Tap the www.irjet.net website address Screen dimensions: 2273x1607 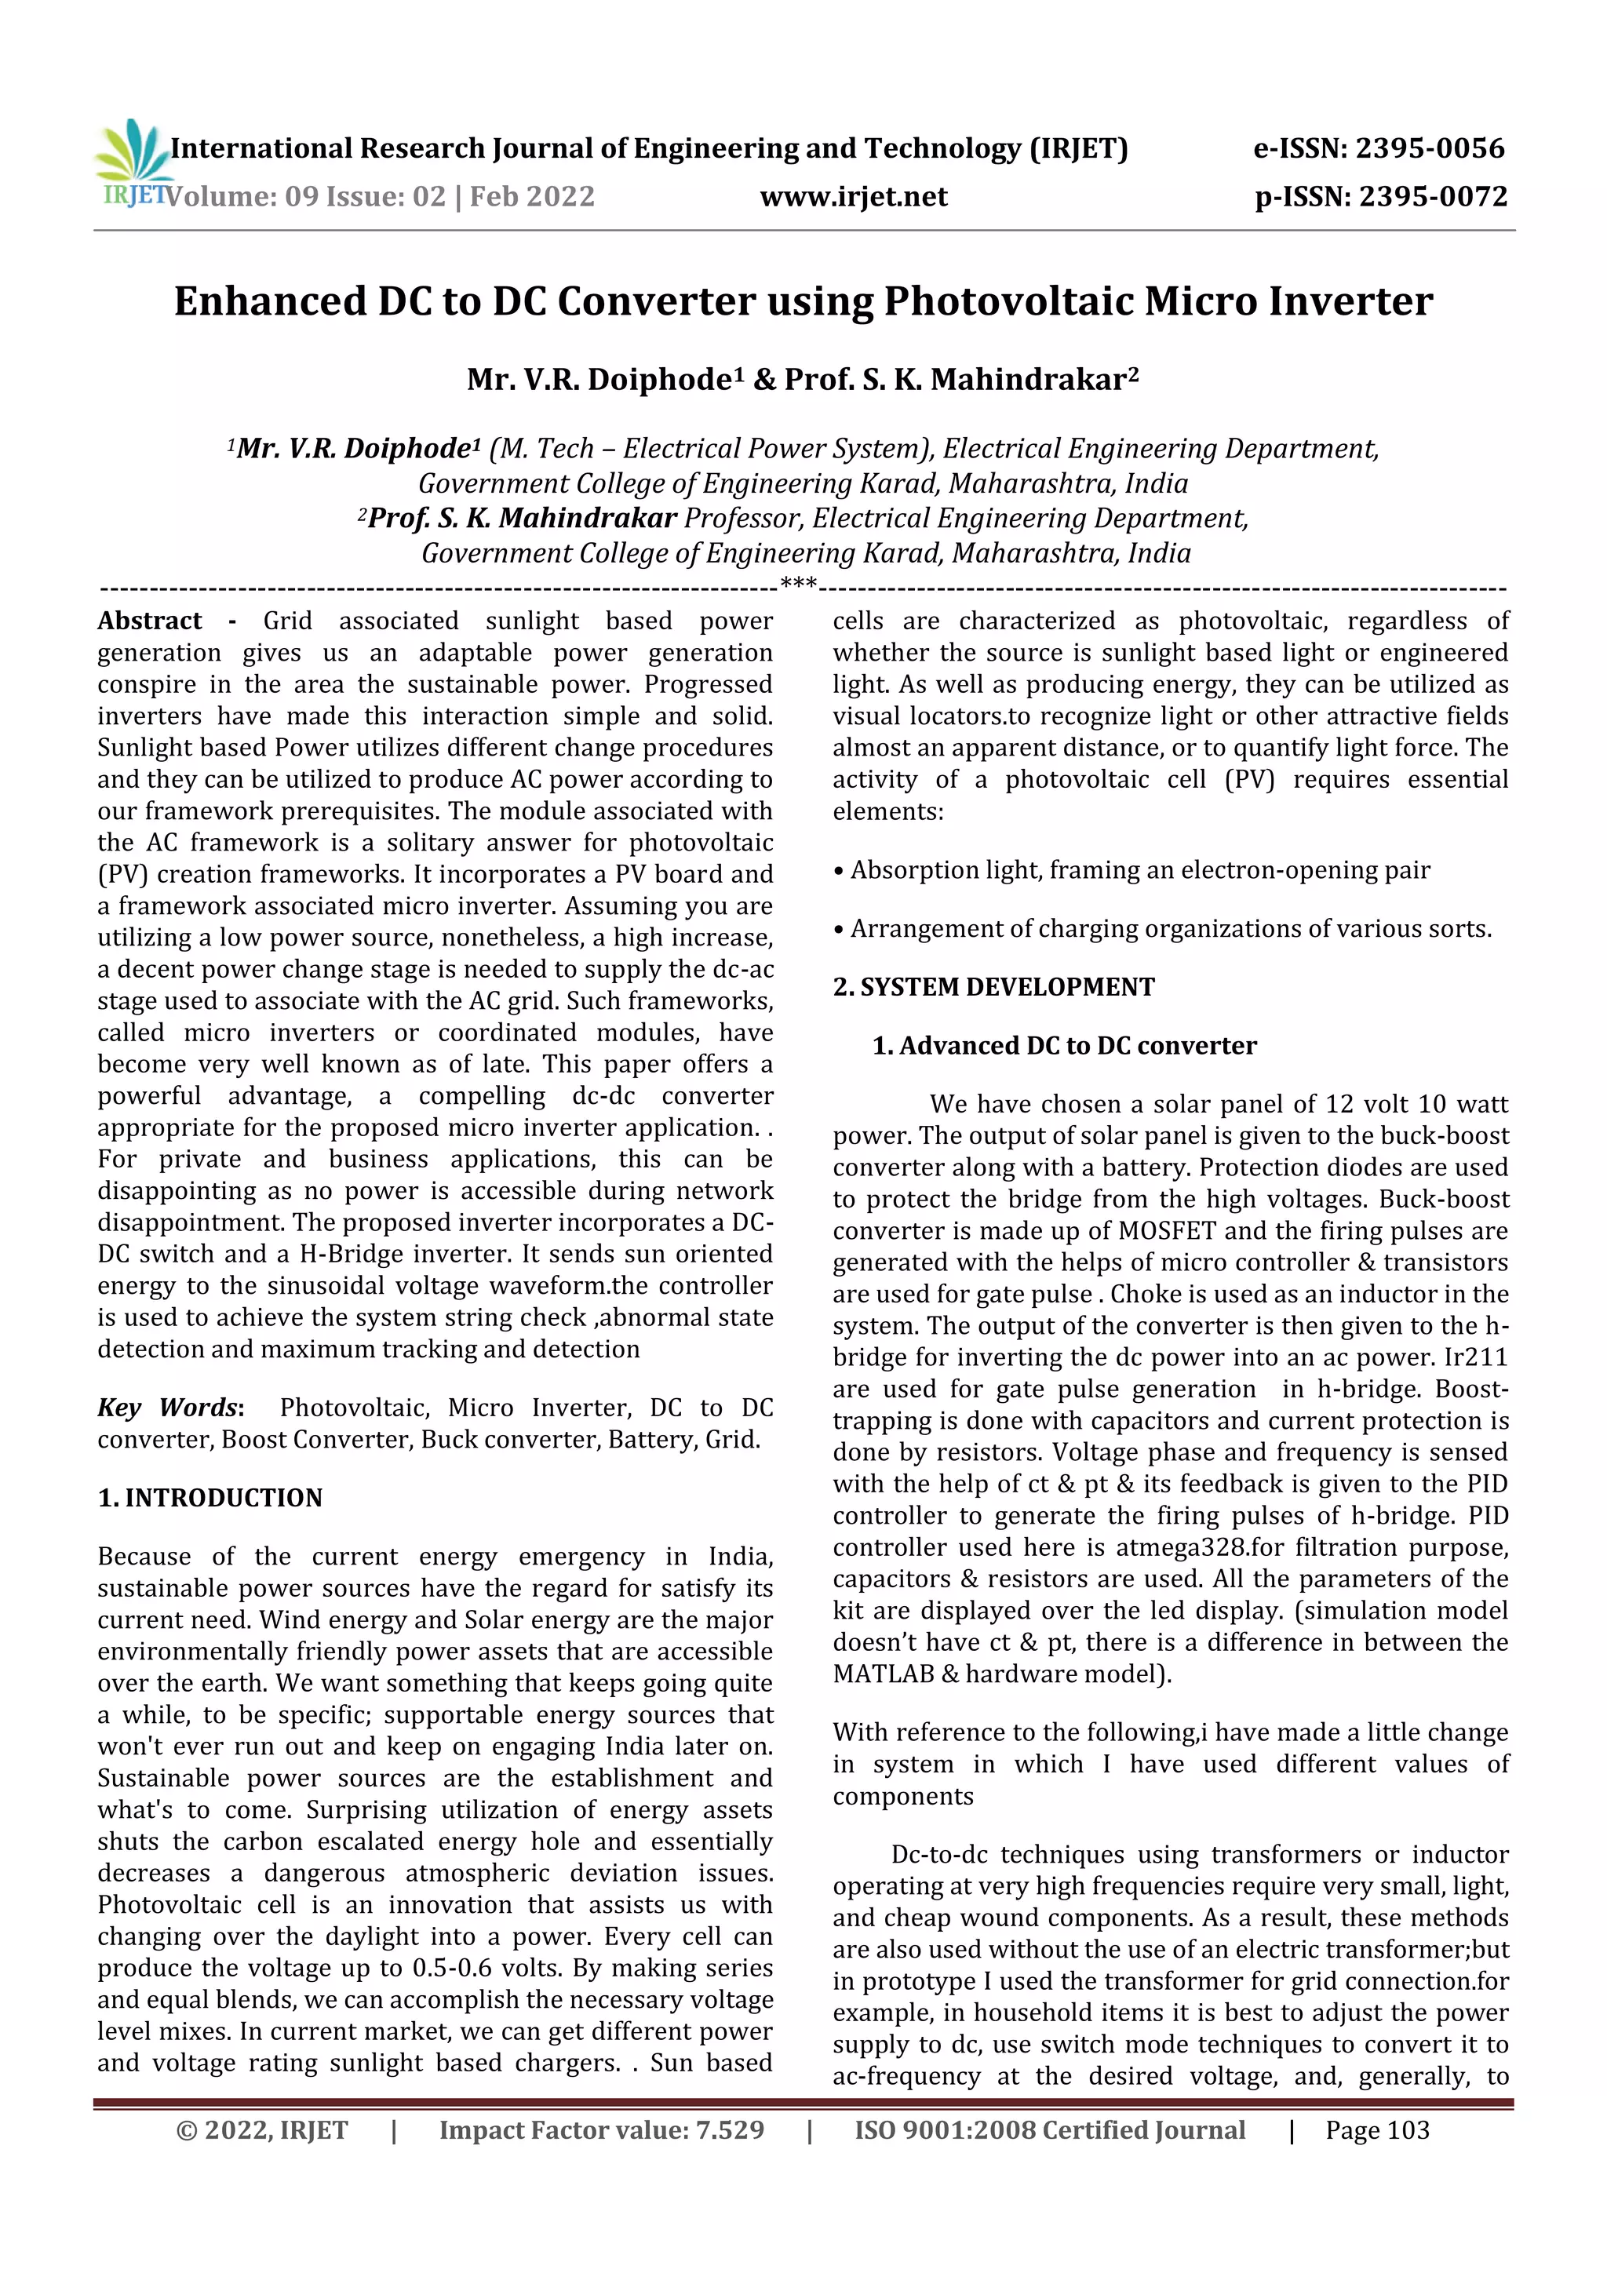(x=854, y=197)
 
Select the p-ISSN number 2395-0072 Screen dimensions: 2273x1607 (x=1433, y=197)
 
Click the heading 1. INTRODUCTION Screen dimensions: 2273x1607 (x=210, y=1498)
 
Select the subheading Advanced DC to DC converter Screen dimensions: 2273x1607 (x=1077, y=1045)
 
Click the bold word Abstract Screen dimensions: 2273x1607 (x=150, y=621)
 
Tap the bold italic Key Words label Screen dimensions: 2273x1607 (x=169, y=1408)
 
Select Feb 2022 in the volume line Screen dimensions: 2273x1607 (x=532, y=197)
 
